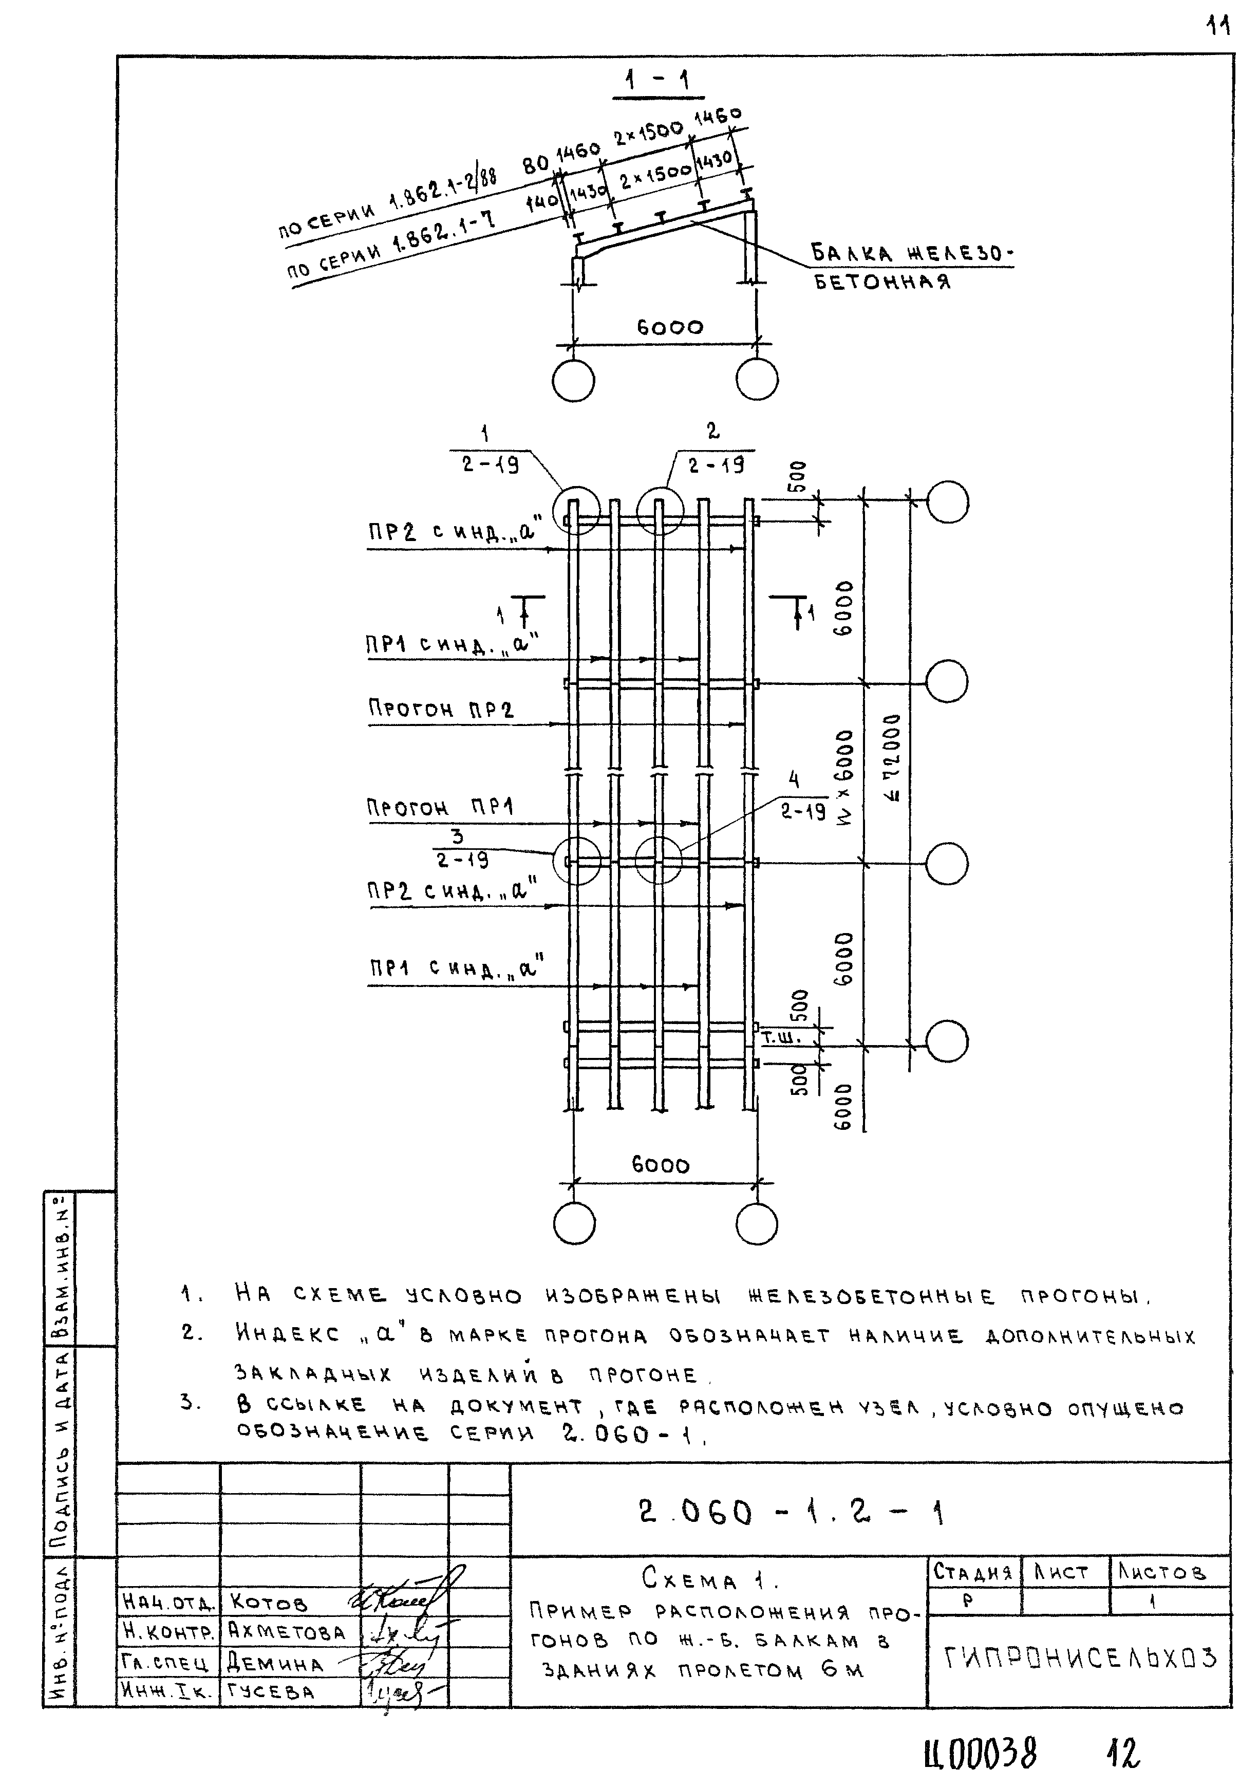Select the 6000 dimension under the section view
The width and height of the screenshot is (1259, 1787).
(x=669, y=328)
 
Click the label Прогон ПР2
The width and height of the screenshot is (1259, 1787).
(x=440, y=709)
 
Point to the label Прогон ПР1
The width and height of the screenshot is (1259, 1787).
(x=440, y=807)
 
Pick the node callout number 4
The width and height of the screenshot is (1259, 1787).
(x=794, y=779)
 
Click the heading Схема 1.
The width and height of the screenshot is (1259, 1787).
(x=710, y=1579)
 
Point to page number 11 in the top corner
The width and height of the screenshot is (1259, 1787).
(x=1217, y=27)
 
